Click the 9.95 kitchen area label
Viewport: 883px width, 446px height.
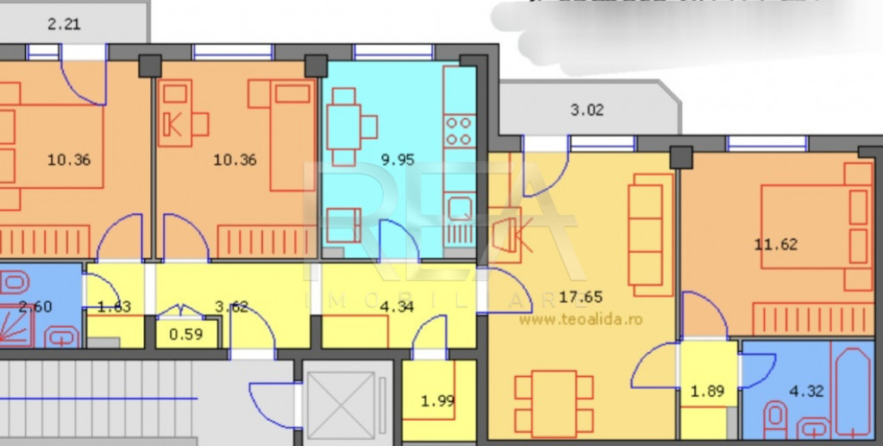398,159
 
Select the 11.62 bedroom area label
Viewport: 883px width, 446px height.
776,244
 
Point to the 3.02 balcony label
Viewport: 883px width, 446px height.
587,110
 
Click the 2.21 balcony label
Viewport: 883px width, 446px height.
64,24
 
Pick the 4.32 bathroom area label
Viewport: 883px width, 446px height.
806,391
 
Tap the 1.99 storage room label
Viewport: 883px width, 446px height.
437,400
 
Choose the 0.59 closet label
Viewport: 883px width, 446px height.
186,334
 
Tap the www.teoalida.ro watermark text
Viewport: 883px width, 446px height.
579,318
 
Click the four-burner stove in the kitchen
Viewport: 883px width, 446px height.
460,130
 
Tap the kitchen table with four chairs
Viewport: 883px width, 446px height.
351,129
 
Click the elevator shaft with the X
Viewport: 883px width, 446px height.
341,405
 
